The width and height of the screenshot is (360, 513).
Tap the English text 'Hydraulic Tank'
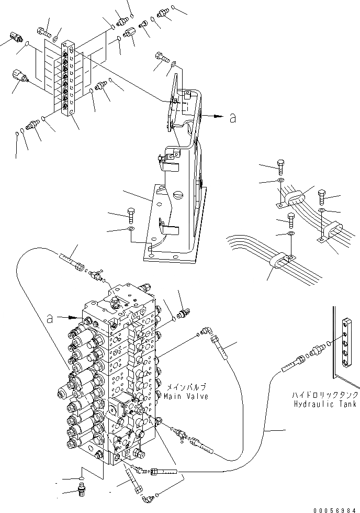(325, 404)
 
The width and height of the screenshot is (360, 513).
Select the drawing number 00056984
(335, 509)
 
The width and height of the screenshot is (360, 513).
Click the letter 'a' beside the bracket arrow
(233, 119)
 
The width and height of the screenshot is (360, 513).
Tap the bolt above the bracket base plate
(131, 214)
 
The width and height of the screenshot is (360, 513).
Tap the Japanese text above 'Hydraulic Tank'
(325, 395)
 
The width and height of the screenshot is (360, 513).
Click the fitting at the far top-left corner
(15, 37)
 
